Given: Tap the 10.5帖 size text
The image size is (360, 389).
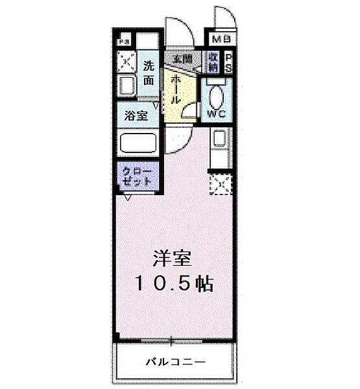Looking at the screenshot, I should pos(174,284).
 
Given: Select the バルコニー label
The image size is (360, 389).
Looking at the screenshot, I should pos(175,360).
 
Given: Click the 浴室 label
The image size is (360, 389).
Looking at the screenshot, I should pos(136,116).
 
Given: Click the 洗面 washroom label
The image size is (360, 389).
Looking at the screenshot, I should pos(149,73).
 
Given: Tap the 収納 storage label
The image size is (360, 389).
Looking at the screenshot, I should pos(213,62).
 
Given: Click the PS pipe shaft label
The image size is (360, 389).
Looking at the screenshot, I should pos(228,62).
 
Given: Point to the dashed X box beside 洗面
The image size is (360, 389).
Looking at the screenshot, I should pos(125,62).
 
